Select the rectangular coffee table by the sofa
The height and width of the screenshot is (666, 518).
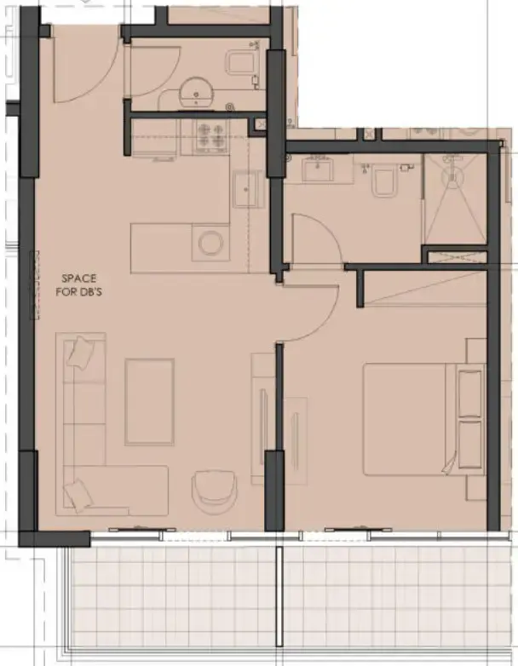coord(150,402)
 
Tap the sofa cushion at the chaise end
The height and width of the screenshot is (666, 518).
coord(79,491)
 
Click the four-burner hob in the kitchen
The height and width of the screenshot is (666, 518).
coord(210,134)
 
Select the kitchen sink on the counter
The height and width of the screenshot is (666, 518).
coord(249,187)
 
